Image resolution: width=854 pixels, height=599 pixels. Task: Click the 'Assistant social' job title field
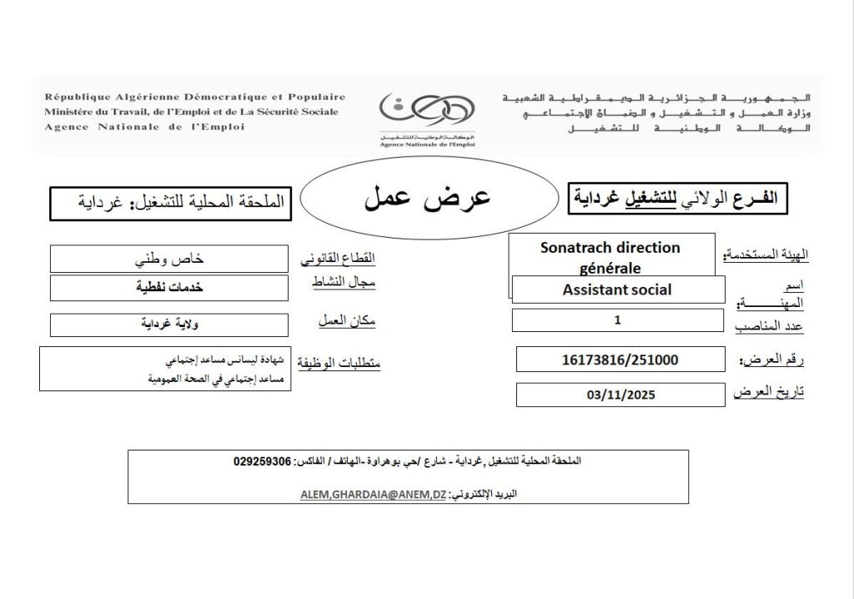(x=617, y=289)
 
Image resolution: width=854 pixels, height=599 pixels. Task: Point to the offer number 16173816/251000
(x=620, y=360)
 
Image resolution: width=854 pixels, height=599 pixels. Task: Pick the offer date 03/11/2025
(x=620, y=395)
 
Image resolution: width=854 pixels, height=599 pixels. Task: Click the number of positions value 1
(x=617, y=320)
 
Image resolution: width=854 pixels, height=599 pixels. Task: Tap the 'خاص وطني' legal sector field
(x=170, y=259)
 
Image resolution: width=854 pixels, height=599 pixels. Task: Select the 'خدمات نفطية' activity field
(x=170, y=288)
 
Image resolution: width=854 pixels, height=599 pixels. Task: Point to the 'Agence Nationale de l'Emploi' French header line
(x=145, y=127)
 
